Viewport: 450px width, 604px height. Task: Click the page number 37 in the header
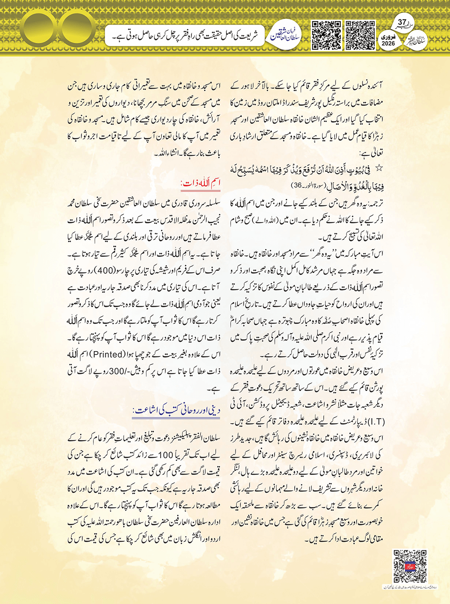click(x=402, y=23)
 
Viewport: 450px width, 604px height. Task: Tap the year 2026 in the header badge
click(x=388, y=43)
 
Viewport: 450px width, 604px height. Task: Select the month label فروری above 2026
click(x=388, y=36)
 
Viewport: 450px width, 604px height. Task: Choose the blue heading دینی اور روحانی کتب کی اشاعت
click(x=176, y=410)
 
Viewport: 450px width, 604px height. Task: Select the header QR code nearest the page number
click(x=360, y=35)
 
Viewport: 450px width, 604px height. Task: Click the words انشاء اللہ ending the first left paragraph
click(x=165, y=154)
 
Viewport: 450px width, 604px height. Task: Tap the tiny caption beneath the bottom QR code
click(x=410, y=586)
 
